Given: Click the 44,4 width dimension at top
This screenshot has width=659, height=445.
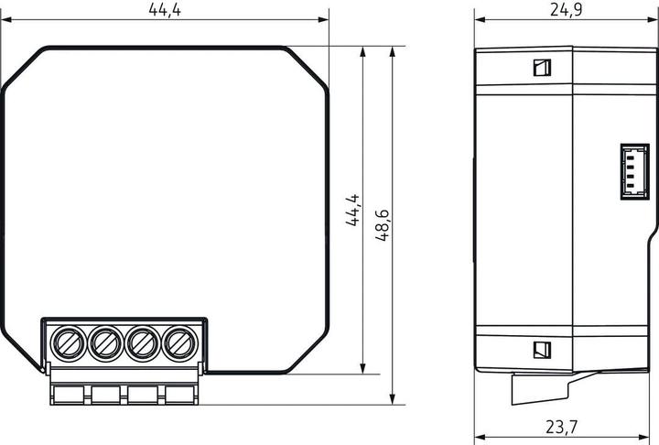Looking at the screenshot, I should (x=165, y=9).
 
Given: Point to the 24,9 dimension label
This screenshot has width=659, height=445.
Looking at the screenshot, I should (x=566, y=9).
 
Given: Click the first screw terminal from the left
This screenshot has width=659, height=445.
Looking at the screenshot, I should (x=70, y=344).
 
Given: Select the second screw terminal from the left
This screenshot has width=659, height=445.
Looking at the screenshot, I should (x=104, y=344).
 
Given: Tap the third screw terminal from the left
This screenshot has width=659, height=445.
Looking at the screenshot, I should (x=140, y=344).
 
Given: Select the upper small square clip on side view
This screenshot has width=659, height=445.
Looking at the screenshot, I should (x=541, y=67).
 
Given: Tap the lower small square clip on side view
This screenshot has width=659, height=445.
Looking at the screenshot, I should (x=541, y=349).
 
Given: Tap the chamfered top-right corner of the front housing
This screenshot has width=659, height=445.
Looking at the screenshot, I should (x=308, y=66).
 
